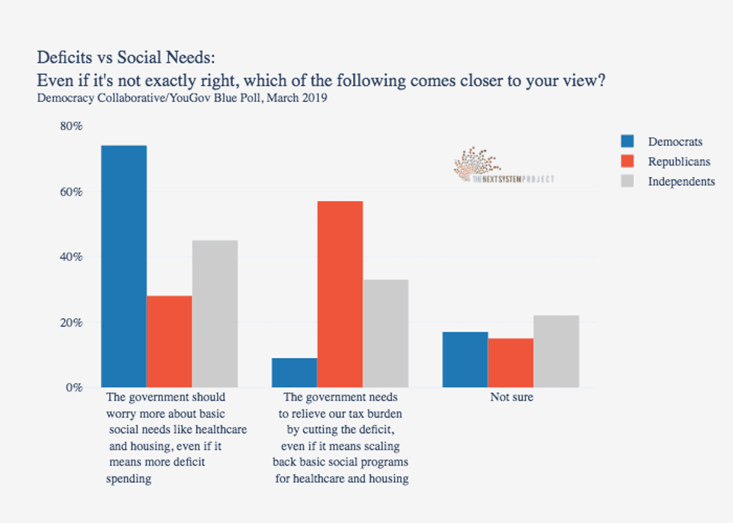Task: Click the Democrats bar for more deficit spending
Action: pyautogui.click(x=124, y=266)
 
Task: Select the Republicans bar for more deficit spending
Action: pyautogui.click(x=169, y=341)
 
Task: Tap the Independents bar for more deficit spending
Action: pyautogui.click(x=215, y=314)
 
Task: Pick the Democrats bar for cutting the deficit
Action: pyautogui.click(x=295, y=373)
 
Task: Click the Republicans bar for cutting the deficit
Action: pyautogui.click(x=340, y=294)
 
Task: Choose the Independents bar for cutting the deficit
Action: pyautogui.click(x=386, y=333)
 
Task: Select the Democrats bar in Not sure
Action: pyautogui.click(x=465, y=359)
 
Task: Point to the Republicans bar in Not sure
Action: pyautogui.click(x=511, y=363)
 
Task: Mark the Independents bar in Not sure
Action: pyautogui.click(x=556, y=351)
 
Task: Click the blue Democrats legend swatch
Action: pyautogui.click(x=627, y=141)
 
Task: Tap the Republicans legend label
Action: pyautogui.click(x=678, y=161)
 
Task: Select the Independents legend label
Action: pyautogui.click(x=681, y=182)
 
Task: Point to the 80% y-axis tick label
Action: pyautogui.click(x=71, y=126)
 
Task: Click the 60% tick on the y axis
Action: pyautogui.click(x=71, y=192)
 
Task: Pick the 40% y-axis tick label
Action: pyautogui.click(x=71, y=257)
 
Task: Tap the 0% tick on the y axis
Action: pyautogui.click(x=74, y=388)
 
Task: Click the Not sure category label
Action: pyautogui.click(x=512, y=397)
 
